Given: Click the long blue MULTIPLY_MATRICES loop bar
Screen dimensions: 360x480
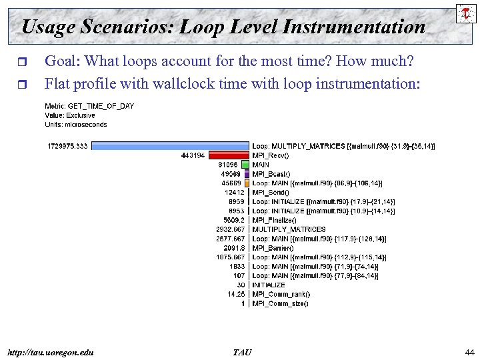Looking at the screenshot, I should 169,145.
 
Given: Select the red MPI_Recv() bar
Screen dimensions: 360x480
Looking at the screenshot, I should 228,155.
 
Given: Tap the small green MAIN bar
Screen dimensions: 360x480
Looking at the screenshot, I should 245,164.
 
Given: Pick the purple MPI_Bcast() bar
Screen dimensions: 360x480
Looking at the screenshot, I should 247,173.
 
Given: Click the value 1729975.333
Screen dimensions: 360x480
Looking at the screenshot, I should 67,145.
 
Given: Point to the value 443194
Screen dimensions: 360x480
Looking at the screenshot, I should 193,155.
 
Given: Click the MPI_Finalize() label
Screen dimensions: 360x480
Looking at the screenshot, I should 274,220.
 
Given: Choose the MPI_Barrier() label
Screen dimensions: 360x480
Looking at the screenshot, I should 273,248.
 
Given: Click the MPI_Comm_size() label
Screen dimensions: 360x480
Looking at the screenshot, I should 280,303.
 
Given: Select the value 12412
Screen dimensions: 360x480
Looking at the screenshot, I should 235,192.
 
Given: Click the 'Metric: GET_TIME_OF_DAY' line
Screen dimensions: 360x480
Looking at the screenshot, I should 89,106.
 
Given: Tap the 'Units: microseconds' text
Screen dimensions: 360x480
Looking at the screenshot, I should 76,124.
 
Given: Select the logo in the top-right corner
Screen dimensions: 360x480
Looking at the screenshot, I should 463,13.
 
